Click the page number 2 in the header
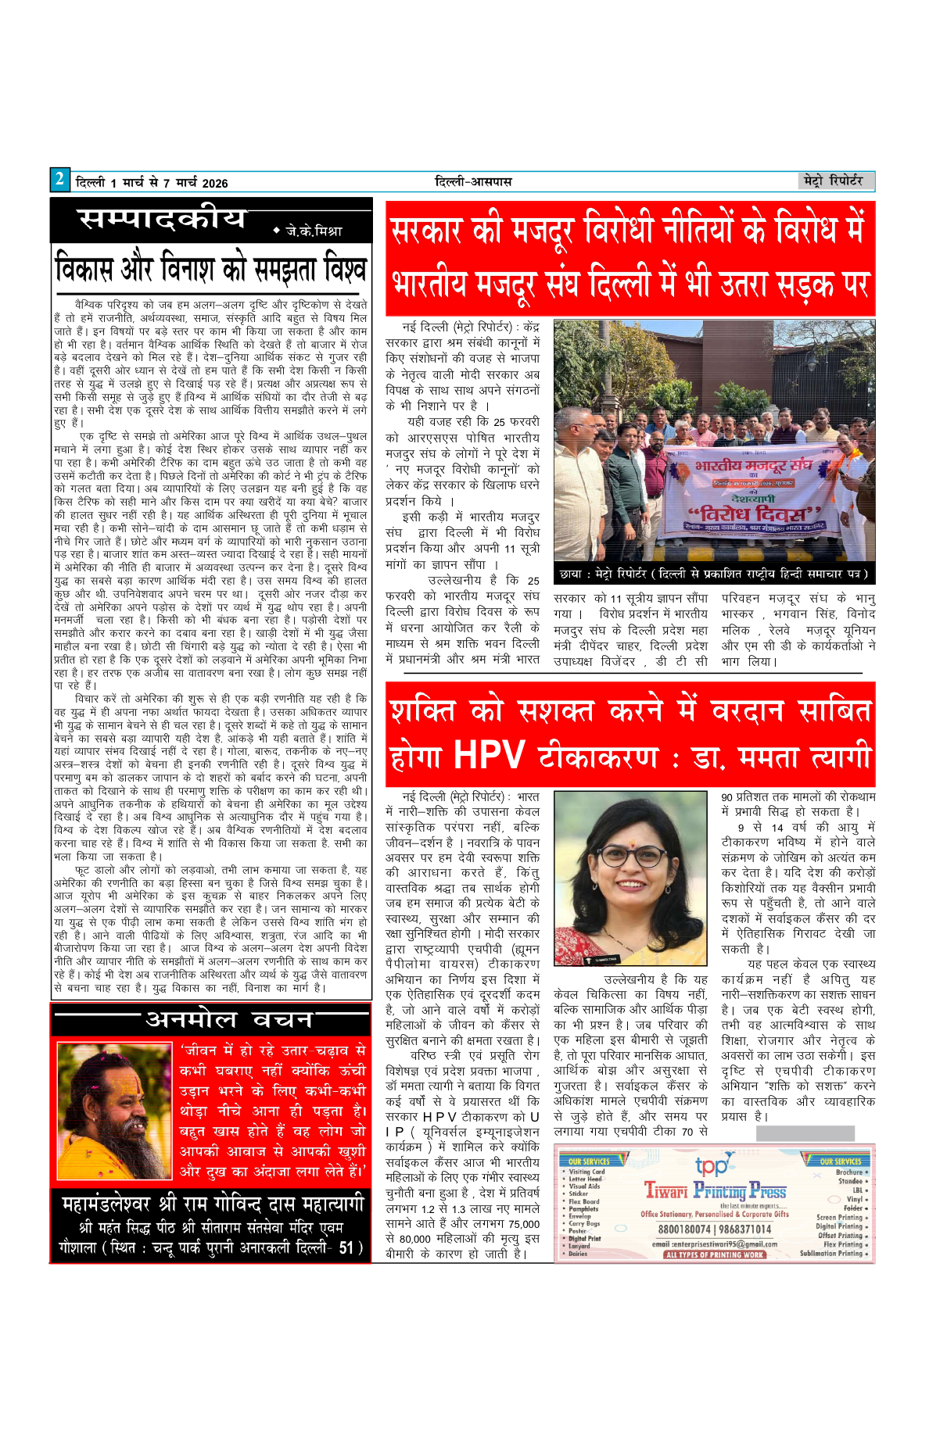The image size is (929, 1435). (x=59, y=180)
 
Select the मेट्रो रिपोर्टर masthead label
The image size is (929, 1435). (x=834, y=181)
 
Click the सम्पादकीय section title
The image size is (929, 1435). (x=162, y=220)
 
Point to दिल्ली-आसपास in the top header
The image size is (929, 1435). (x=473, y=182)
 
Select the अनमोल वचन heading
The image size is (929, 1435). (x=229, y=1019)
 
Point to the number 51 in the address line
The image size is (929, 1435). (x=346, y=1247)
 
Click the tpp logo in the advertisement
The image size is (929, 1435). (x=712, y=1166)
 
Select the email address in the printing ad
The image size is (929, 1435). (x=715, y=1244)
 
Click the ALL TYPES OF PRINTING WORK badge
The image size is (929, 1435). (x=715, y=1254)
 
